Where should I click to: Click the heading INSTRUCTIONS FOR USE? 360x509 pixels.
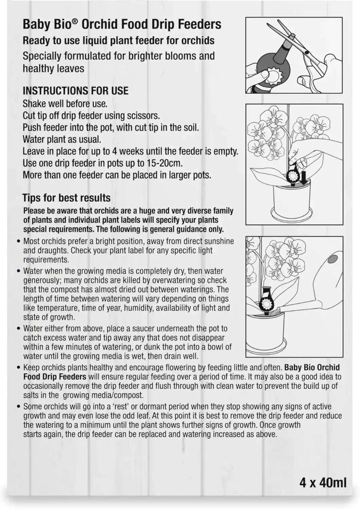tap(75, 91)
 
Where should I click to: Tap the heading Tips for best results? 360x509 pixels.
tap(67, 198)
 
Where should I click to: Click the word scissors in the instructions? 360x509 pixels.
tap(143, 116)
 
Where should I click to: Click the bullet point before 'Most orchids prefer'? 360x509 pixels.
tap(19, 241)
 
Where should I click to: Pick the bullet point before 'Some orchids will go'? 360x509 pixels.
tap(19, 407)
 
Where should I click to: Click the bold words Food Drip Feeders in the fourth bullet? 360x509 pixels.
tap(55, 377)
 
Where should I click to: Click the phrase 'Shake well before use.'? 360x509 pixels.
tap(65, 104)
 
